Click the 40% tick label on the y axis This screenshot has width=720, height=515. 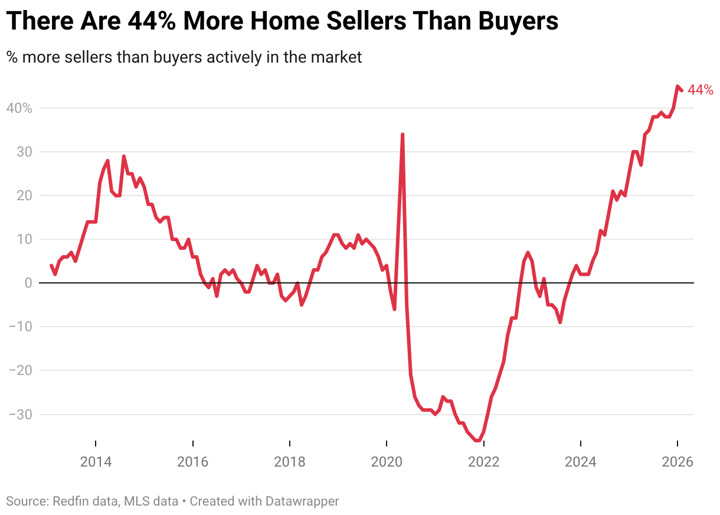19,109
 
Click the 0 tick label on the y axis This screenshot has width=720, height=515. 28,283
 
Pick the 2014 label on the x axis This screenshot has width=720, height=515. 96,462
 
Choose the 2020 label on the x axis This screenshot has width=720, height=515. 387,462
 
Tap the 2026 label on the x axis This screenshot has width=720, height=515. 677,462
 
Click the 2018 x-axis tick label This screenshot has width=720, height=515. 290,462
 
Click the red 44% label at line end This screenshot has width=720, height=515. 701,90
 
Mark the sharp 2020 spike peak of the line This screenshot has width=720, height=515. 402,135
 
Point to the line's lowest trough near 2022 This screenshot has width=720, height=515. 477,440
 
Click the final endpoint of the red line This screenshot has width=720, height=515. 682,90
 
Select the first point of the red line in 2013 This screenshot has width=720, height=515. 51,266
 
